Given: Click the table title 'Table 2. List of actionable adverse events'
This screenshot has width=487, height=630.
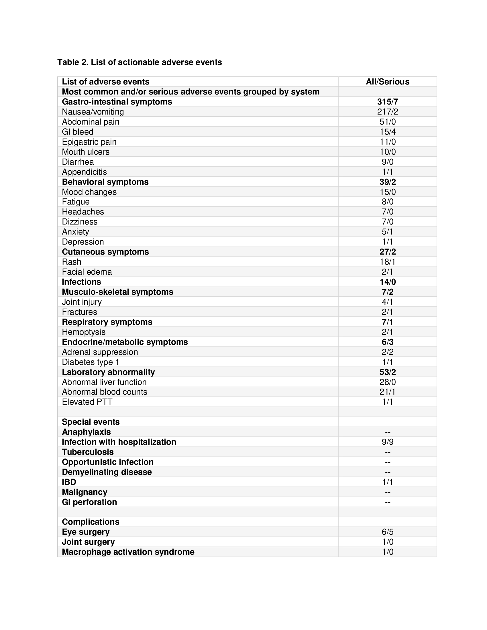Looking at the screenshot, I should click(139, 62).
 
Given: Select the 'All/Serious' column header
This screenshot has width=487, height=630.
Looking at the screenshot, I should click(388, 82).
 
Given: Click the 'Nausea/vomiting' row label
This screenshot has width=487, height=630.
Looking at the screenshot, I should click(93, 112).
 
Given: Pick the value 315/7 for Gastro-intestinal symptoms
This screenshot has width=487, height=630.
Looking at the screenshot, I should click(388, 102).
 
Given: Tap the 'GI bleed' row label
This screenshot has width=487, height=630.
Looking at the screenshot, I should click(78, 132).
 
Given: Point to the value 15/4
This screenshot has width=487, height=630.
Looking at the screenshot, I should click(388, 132).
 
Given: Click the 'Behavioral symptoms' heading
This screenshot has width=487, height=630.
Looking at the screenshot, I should click(105, 182).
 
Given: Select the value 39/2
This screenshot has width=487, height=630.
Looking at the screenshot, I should click(388, 182).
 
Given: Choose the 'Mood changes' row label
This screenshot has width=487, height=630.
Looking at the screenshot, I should click(89, 192).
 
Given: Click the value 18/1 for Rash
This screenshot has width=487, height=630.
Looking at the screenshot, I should click(388, 262).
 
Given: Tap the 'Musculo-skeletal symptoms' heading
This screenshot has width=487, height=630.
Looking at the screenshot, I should click(117, 292).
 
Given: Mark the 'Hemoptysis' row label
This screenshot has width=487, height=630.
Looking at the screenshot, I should click(84, 332).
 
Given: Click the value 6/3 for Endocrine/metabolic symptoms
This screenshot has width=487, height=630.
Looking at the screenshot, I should click(388, 342).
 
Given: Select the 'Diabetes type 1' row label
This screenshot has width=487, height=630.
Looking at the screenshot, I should click(91, 362).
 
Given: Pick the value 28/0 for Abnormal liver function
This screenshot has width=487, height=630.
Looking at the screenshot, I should click(388, 382).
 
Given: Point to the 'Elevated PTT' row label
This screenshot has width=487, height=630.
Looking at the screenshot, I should click(87, 402).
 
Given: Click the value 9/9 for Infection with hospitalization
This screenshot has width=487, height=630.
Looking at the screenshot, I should click(388, 442).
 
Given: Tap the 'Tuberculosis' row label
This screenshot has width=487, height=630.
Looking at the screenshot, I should click(88, 452).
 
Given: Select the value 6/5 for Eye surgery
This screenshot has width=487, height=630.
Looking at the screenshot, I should click(388, 532).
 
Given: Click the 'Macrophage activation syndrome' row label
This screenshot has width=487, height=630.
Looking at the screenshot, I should click(128, 552).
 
